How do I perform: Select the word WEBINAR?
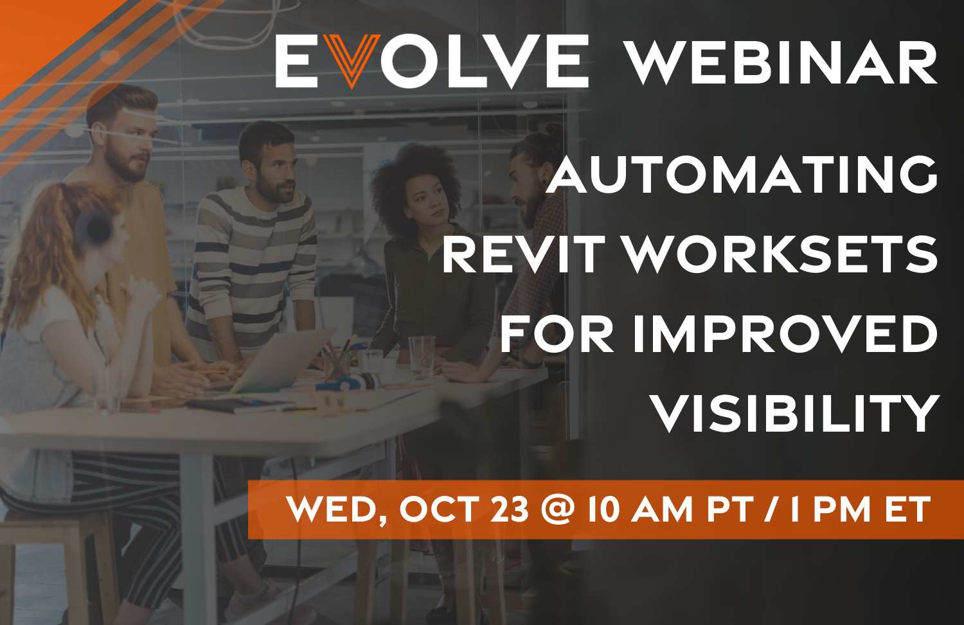tap(781, 63)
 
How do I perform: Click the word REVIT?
tap(524, 255)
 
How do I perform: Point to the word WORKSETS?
tap(781, 255)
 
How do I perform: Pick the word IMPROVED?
tap(785, 334)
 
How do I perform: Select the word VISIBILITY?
tap(795, 413)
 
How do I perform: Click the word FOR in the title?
tap(557, 334)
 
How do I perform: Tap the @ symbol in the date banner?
tap(557, 509)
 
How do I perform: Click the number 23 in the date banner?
tap(510, 509)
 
